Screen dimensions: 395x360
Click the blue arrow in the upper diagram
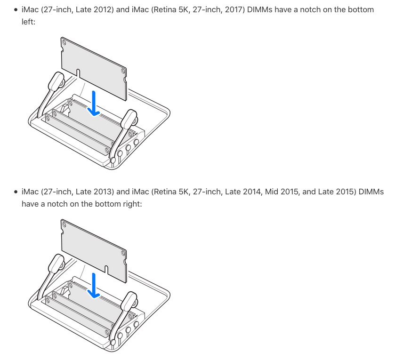click(94, 104)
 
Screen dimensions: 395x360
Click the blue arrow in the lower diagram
click(94, 286)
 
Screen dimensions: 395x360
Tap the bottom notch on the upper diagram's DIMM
click(78, 73)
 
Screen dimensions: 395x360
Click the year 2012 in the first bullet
click(104, 10)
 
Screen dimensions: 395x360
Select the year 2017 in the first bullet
click(235, 10)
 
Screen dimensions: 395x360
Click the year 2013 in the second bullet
click(104, 192)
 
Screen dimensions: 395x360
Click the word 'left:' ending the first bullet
click(28, 22)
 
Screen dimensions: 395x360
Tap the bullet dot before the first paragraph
click(16, 10)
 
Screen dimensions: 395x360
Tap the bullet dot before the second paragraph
click(16, 192)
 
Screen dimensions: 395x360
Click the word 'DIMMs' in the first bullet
click(260, 10)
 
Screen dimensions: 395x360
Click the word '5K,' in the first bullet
click(185, 10)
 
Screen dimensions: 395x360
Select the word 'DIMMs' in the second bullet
click(371, 192)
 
